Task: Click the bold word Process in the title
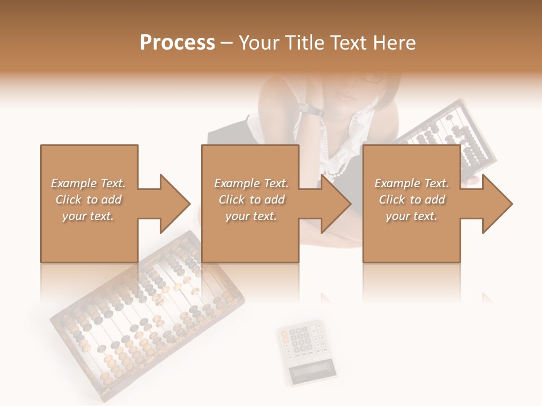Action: click(x=177, y=43)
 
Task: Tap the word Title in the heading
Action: click(x=305, y=43)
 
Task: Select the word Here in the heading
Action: click(x=395, y=43)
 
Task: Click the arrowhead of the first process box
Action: click(x=173, y=204)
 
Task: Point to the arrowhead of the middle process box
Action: click(x=334, y=204)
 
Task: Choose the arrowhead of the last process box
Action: click(x=496, y=204)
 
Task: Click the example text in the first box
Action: click(x=88, y=200)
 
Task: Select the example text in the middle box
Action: click(x=251, y=200)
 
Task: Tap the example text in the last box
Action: click(x=411, y=200)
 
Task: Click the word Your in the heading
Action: click(x=259, y=43)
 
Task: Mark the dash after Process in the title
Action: click(x=226, y=43)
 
